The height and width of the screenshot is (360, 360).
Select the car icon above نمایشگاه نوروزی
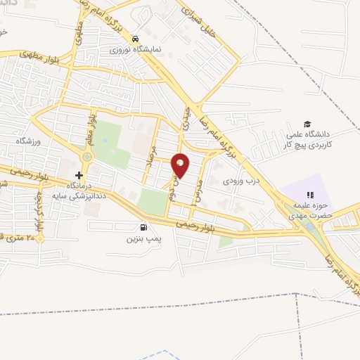(x=136, y=39)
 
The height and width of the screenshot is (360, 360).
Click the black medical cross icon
(x=79, y=174)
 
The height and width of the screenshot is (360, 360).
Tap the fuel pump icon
(x=144, y=227)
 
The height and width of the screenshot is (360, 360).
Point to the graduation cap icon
(x=306, y=123)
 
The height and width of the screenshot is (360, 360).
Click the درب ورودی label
(x=243, y=181)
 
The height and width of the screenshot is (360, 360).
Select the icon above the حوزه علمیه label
(x=307, y=195)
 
